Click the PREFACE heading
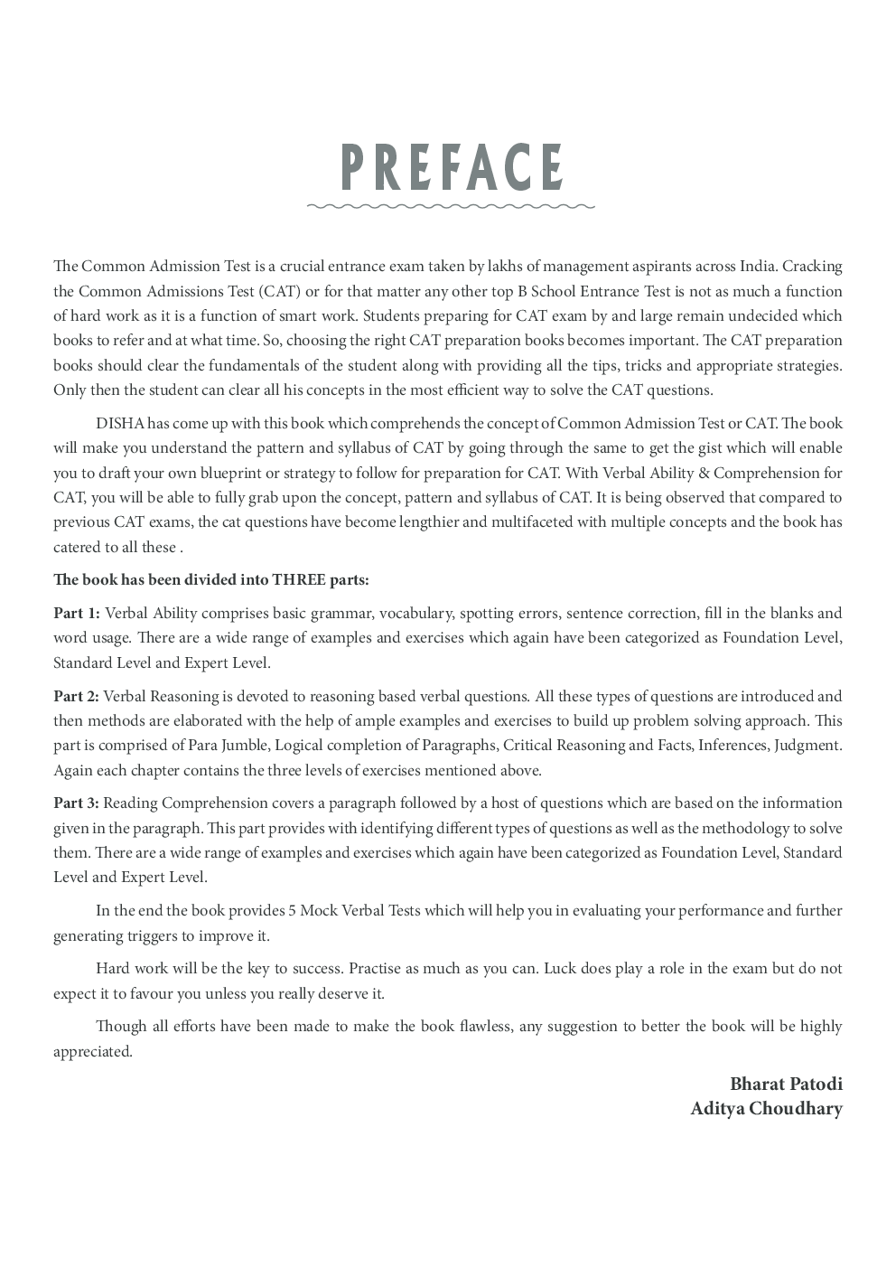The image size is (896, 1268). click(x=452, y=167)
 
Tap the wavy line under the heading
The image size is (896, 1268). click(x=451, y=206)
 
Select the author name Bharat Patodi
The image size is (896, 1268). click(x=786, y=1084)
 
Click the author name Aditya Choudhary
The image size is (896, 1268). click(x=766, y=1109)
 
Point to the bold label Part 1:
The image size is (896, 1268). click(x=77, y=613)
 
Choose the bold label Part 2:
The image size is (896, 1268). click(x=77, y=696)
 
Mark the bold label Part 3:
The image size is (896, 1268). click(x=77, y=803)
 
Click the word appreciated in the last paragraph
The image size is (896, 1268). click(x=92, y=1051)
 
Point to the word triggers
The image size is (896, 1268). click(x=149, y=936)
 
